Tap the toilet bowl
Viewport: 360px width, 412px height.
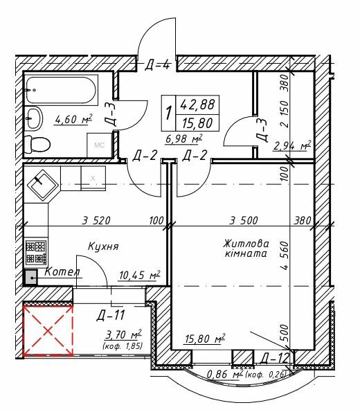36,143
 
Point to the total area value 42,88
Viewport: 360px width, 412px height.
197,106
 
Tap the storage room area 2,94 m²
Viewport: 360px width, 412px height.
292,145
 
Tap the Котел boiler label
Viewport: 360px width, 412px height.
61,273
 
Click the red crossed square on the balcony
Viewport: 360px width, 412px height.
48,330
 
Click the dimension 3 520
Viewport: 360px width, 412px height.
97,221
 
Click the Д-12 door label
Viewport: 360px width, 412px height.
275,357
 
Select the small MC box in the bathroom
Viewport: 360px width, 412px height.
100,145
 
